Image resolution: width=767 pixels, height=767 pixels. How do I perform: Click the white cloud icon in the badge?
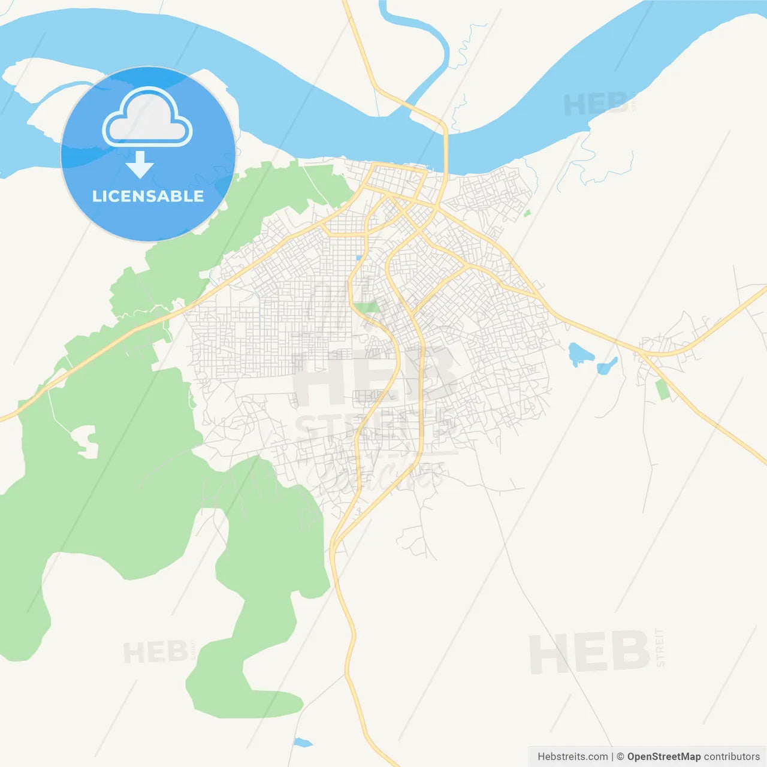click(147, 119)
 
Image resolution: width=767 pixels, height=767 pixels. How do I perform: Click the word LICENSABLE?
click(148, 196)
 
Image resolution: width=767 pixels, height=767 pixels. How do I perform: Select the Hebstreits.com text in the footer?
click(572, 757)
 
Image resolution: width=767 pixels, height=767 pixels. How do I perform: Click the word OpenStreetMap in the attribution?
click(663, 757)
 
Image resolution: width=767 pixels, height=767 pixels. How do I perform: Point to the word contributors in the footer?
click(731, 757)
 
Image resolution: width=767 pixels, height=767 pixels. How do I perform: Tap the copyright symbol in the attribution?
click(620, 757)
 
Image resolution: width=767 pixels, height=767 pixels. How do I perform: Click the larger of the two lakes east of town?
click(580, 354)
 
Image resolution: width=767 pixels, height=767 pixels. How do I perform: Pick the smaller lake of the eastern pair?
click(607, 366)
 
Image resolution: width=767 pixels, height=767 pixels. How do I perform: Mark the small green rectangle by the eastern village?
click(662, 389)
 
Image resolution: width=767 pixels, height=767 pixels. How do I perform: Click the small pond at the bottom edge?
click(303, 743)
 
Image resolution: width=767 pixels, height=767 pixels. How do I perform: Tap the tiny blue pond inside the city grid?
click(358, 258)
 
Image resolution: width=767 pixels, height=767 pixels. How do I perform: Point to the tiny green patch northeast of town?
click(527, 213)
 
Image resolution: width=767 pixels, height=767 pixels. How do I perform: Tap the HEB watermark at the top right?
click(596, 105)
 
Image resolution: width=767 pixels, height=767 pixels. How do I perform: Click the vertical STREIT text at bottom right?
click(660, 648)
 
